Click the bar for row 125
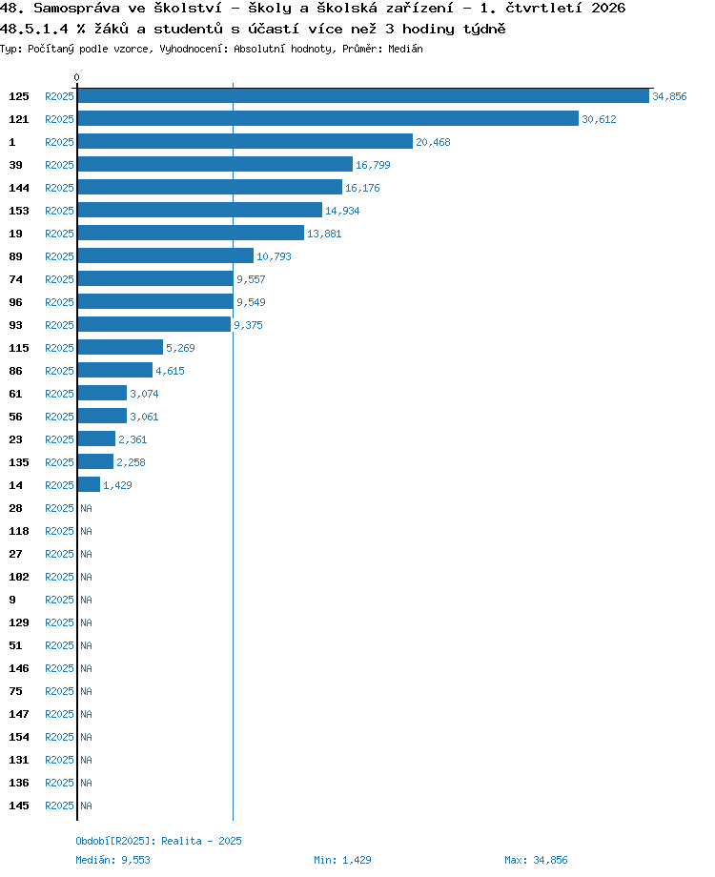[x=363, y=95]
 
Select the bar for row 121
[x=328, y=118]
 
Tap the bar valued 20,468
[x=245, y=141]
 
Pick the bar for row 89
[x=166, y=255]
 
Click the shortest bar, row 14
[x=89, y=484]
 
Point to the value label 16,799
[x=373, y=165]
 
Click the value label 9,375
[x=249, y=325]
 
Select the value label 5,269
[x=181, y=348]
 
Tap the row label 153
[x=19, y=211]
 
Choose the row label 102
[x=19, y=577]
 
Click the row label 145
[x=19, y=806]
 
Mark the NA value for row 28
[x=86, y=508]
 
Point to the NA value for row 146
[x=86, y=668]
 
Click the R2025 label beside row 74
[x=59, y=279]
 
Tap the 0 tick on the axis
[x=76, y=77]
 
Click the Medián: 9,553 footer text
[x=113, y=860]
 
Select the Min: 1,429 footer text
[x=342, y=860]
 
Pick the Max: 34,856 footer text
[x=536, y=860]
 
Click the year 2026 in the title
[x=608, y=8]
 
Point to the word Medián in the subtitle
[x=405, y=49]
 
